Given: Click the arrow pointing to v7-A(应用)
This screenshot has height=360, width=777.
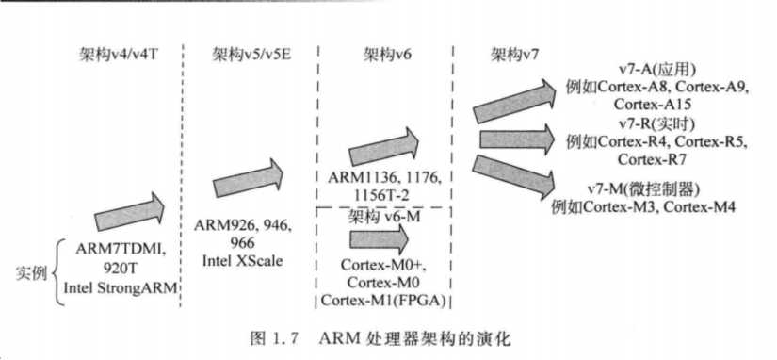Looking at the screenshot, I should click(x=514, y=102).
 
